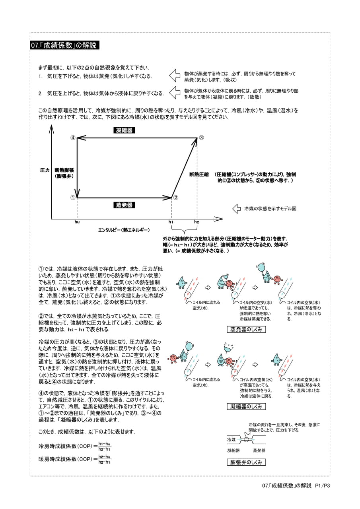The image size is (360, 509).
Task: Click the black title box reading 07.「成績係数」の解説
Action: point(64,45)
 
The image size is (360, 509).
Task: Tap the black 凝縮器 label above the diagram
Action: point(124,130)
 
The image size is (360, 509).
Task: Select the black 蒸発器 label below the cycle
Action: point(124,205)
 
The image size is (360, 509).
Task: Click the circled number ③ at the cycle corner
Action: point(202,138)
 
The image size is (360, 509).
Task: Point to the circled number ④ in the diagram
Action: point(73,138)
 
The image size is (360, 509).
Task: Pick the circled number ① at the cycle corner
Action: point(73,198)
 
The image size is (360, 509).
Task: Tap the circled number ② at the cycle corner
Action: point(176,198)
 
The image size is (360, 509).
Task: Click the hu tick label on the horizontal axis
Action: point(77,222)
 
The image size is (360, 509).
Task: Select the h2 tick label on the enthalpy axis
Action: point(197,222)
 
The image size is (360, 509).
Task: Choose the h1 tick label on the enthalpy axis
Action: point(171,222)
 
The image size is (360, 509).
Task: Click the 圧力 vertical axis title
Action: point(45,170)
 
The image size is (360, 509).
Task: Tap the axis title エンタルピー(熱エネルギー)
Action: point(124,230)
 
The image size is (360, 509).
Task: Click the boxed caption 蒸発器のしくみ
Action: point(246,329)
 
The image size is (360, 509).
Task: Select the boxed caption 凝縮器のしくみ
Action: point(246,406)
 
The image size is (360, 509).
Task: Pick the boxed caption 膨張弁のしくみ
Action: point(246,462)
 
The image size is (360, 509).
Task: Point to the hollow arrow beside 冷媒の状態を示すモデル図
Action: point(237,209)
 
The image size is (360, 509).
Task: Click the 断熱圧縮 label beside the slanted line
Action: point(199,175)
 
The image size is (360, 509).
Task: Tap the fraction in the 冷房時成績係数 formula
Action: point(105,446)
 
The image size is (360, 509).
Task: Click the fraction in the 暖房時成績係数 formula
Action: point(105,459)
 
